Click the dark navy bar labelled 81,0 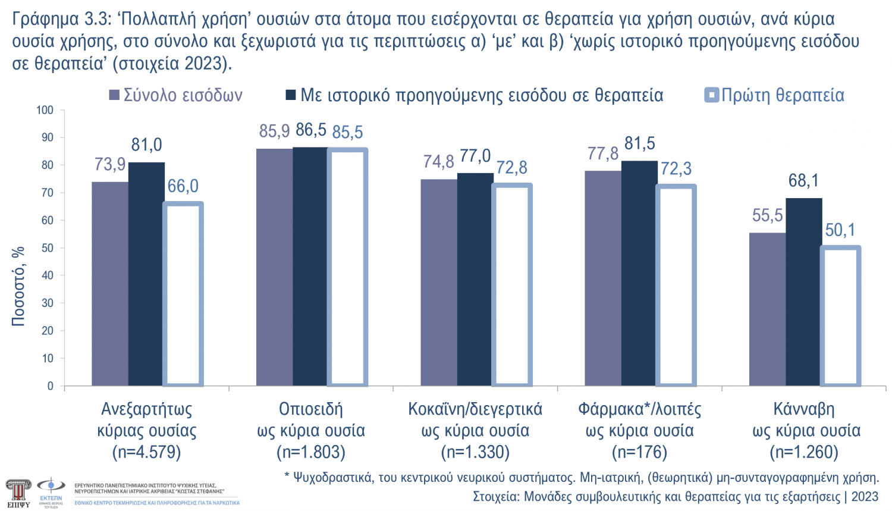[146, 274]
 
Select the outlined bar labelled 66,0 [183, 294]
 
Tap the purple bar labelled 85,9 [274, 267]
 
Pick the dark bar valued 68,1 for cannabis [803, 291]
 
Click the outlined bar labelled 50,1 [840, 316]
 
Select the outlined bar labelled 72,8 [512, 285]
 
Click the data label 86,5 [311, 130]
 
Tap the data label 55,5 [767, 215]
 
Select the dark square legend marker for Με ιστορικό [291, 95]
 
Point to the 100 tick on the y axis [45, 110]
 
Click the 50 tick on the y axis [47, 248]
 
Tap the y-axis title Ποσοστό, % [18, 286]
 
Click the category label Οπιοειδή [310, 409]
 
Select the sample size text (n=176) [639, 453]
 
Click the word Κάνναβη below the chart [803, 409]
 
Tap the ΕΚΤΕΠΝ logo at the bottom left [51, 491]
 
